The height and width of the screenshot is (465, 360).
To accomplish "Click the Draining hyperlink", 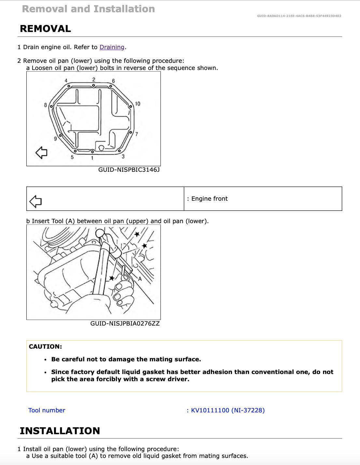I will click(112, 47).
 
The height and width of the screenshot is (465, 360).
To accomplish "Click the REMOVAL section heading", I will click(45, 29).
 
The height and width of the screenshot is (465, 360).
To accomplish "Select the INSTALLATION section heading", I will click(60, 431).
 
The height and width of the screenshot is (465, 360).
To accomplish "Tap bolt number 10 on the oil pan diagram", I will click(137, 104).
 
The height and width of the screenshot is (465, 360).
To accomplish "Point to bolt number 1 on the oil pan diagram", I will click(92, 158).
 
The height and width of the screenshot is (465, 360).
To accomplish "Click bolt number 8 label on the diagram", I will click(46, 105).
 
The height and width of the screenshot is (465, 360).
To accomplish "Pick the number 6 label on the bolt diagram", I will click(113, 81).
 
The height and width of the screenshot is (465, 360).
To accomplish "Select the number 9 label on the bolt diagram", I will click(55, 139).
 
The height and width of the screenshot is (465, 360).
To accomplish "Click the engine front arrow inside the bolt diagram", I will click(41, 152).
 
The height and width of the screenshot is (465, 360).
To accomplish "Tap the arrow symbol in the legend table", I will click(35, 202).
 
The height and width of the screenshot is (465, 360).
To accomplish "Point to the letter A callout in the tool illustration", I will click(140, 279).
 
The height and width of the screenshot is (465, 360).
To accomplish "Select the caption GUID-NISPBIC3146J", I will click(129, 170).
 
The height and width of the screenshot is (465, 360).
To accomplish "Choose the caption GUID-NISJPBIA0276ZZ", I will click(125, 324).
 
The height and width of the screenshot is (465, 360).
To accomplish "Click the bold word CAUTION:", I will click(45, 347).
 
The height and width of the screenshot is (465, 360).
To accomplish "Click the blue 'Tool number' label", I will click(47, 410).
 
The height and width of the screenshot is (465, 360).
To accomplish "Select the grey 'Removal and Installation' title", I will click(88, 9).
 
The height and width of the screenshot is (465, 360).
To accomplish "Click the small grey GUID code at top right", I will click(299, 16).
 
